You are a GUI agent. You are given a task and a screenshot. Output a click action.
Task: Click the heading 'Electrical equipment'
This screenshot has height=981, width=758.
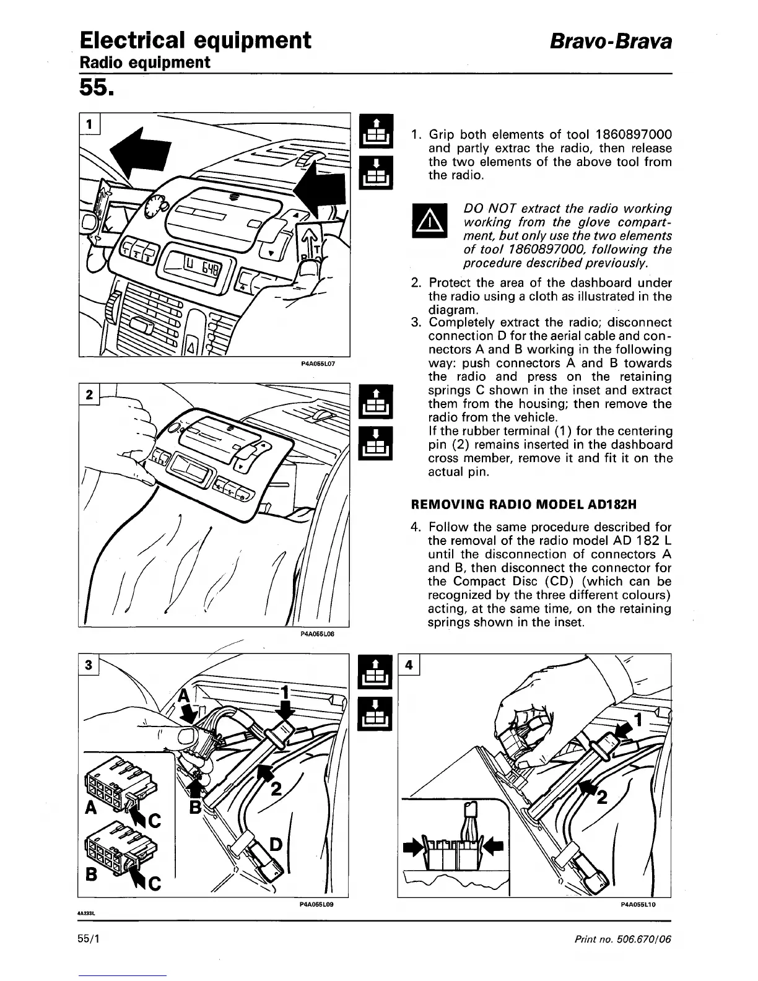point(195,40)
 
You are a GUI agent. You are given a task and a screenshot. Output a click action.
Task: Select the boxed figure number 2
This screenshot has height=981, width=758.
point(89,395)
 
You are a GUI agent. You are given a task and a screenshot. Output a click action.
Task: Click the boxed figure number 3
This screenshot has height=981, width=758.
point(89,665)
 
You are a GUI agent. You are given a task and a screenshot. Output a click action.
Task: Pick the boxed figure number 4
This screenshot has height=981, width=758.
point(409,665)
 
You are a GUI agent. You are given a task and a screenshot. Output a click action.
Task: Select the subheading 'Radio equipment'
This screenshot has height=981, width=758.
point(145,63)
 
